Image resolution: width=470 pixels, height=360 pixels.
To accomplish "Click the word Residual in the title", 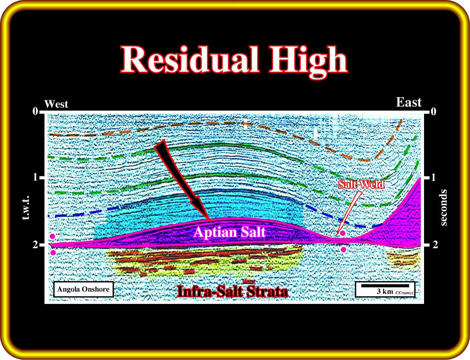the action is point(190,59).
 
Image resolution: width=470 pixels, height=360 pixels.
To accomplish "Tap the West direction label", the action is point(56,104).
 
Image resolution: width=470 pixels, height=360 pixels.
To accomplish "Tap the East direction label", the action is point(409,102).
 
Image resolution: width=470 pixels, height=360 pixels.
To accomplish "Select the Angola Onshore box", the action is point(83,289).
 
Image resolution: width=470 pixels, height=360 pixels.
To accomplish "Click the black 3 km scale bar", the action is point(385,286).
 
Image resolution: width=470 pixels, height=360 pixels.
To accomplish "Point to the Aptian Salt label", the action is point(230,232).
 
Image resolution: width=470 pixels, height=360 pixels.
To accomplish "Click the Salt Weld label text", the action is point(361,184).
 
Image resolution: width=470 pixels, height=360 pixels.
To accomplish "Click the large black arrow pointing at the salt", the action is point(182,179).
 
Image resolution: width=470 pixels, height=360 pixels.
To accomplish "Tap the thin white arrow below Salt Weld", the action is point(349,213).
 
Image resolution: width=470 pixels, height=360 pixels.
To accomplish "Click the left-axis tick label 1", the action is point(35,178).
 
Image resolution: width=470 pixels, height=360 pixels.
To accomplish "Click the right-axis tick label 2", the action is point(435,245).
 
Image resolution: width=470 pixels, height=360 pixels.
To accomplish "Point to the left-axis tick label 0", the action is point(35,112).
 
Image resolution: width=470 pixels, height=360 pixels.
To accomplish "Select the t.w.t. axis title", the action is point(26,207).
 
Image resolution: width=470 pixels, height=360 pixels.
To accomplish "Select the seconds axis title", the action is point(443,208).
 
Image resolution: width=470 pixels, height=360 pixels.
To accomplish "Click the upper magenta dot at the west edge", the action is point(53,236).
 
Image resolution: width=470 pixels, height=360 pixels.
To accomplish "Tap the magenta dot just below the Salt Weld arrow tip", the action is point(343,233).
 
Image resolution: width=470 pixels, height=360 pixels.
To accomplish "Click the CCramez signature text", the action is point(405,293).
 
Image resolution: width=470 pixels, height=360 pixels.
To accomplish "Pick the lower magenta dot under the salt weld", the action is point(343,250).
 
